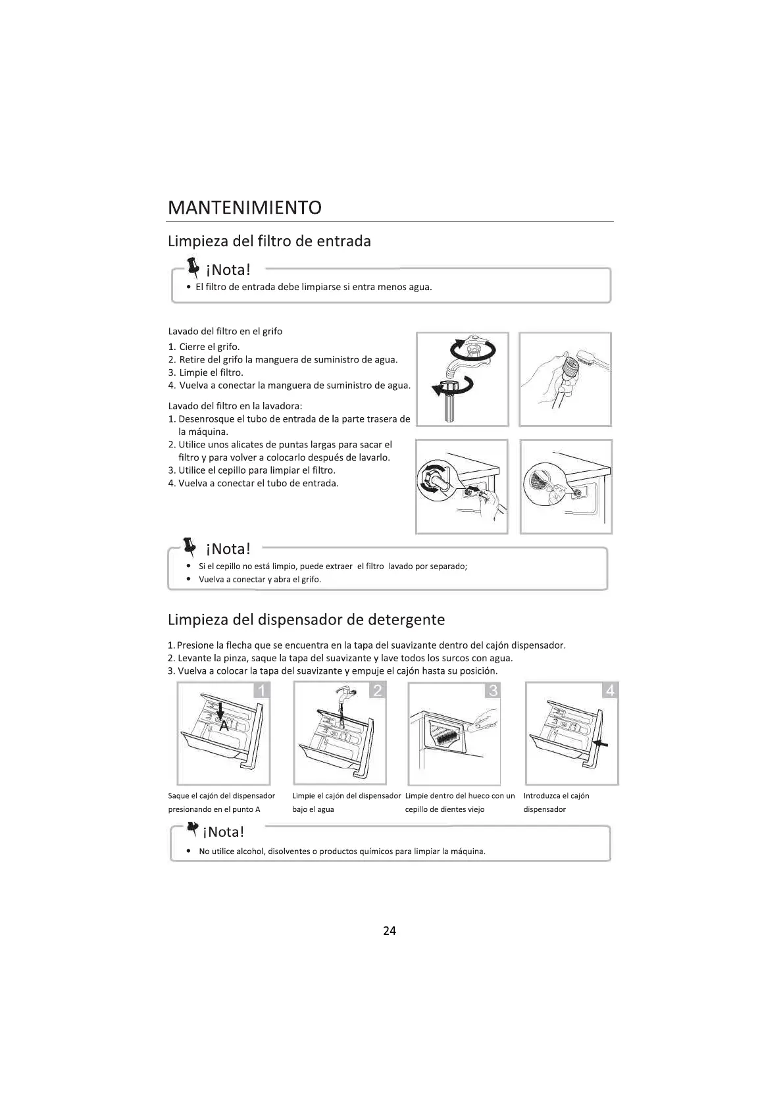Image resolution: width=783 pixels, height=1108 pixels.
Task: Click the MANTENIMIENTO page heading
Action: (245, 208)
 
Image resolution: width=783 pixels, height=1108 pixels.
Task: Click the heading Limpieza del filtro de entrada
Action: (269, 241)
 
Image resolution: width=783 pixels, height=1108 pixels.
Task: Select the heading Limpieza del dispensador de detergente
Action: (306, 620)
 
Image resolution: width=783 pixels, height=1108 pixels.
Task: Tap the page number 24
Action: (390, 930)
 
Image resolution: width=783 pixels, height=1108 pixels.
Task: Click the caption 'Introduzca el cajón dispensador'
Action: (556, 802)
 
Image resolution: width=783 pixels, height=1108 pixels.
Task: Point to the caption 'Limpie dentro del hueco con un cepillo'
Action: (460, 802)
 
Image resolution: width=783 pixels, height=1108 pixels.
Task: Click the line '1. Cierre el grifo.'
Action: (204, 347)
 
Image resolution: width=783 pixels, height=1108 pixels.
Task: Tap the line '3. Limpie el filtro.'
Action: (205, 372)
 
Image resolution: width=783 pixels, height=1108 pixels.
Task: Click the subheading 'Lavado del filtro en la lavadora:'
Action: (235, 406)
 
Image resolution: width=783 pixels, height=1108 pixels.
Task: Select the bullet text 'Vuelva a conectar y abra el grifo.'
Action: (260, 580)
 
